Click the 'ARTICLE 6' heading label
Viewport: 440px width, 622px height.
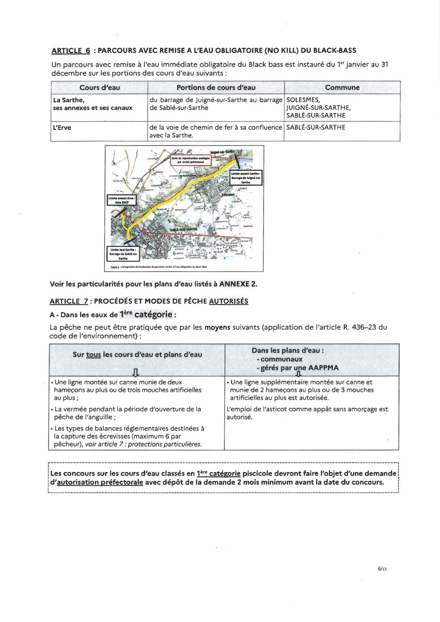click(71, 51)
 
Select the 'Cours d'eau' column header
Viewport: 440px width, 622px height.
click(99, 88)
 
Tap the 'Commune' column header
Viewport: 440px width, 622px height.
click(342, 88)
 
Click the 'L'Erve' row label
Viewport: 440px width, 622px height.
click(62, 128)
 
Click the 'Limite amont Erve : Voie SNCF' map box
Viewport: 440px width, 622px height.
click(121, 201)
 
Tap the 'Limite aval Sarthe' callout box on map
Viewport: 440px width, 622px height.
click(123, 254)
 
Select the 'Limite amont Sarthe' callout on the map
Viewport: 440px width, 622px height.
click(246, 178)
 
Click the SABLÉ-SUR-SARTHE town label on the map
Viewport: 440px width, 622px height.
click(183, 229)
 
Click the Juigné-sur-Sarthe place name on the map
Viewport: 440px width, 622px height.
click(222, 152)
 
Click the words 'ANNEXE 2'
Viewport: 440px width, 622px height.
click(238, 284)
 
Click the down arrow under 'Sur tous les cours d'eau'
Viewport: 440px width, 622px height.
click(136, 373)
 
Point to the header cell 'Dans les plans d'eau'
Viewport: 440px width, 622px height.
click(288, 351)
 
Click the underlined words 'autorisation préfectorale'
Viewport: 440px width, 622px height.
click(100, 482)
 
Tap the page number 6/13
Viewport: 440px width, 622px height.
click(382, 568)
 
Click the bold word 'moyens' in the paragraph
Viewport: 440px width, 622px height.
click(217, 327)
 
